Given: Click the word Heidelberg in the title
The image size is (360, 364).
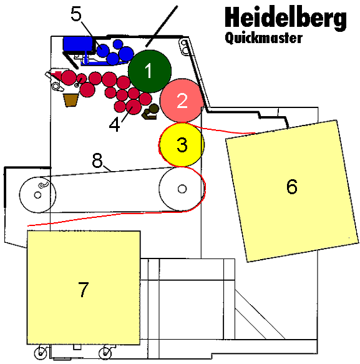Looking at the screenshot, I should point(285,19).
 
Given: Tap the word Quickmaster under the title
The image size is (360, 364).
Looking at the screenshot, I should point(263,38).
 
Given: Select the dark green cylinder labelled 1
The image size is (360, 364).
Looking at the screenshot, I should point(150,71).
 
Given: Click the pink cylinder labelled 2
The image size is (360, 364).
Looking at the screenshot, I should point(182,101).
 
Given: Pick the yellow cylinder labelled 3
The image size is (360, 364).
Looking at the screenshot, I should point(182,144).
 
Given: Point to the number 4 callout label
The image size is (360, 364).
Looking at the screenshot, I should point(115,124).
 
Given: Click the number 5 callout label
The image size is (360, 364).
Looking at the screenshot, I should point(76,14).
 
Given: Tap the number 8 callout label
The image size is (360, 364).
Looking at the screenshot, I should point(97,160).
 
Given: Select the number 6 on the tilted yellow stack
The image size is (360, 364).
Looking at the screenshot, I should point(291,186).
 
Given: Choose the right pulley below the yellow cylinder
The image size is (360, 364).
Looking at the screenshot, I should point(180,189).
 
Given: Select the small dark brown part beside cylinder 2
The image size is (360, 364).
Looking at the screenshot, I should point(152,112).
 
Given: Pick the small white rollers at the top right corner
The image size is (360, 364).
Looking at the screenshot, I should point(183,46).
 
